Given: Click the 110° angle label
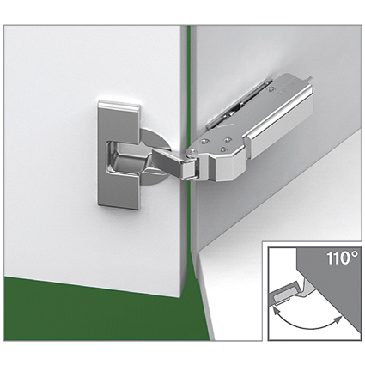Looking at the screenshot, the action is (x=342, y=258).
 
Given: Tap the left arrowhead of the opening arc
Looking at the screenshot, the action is (x=277, y=310).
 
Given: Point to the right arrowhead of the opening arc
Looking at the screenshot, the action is (x=338, y=320).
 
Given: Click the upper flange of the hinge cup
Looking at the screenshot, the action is (x=119, y=121).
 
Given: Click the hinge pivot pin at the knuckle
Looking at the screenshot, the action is (x=191, y=153).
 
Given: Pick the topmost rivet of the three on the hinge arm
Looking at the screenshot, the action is (x=228, y=140).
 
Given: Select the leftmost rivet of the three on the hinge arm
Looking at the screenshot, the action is (x=204, y=141).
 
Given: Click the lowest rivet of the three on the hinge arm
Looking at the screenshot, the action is (x=222, y=149).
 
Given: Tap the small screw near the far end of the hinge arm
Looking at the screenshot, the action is (x=271, y=89).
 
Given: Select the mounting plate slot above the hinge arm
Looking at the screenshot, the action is (x=239, y=103).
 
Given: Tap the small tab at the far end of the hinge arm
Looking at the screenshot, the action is (x=312, y=78).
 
